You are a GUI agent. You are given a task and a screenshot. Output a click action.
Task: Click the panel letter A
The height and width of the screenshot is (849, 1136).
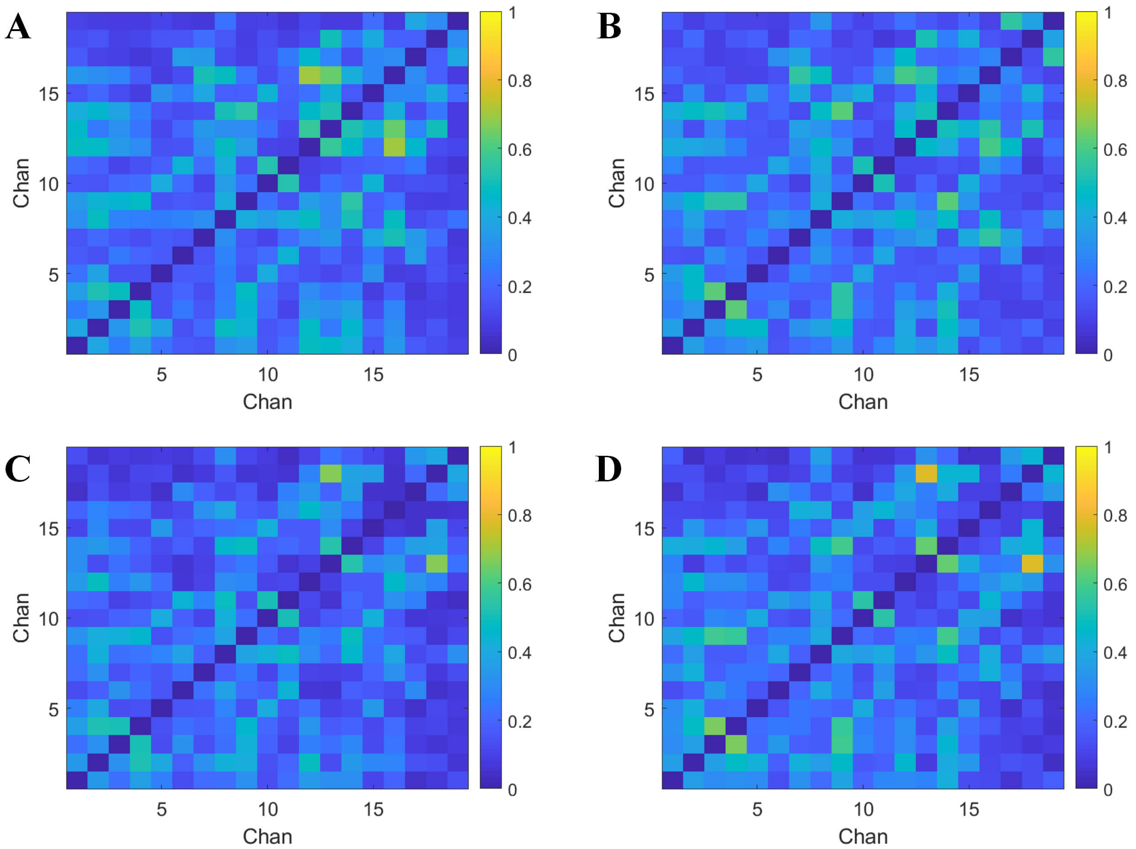(x=18, y=26)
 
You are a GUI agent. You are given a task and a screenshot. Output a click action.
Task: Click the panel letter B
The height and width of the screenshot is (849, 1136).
(x=609, y=26)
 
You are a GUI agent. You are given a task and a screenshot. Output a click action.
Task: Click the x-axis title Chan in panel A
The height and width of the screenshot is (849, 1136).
(x=268, y=401)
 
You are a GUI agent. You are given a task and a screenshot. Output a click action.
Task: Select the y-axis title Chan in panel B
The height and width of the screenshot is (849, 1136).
(x=616, y=183)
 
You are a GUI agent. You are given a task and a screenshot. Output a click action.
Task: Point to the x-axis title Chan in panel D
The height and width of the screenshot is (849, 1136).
(x=863, y=837)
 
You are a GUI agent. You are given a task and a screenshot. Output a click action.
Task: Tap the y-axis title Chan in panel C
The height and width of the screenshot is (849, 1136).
(x=21, y=618)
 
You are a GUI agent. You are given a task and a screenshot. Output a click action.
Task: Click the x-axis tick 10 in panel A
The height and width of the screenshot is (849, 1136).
(x=268, y=375)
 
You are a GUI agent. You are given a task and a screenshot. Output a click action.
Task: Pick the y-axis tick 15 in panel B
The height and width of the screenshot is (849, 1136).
(x=644, y=94)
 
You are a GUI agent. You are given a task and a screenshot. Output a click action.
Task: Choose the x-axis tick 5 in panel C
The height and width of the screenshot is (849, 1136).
(x=162, y=809)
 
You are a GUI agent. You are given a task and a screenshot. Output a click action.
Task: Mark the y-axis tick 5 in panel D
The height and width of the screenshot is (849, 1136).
(x=649, y=710)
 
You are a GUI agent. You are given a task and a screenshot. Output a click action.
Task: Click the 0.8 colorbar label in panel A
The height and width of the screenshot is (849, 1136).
(x=519, y=81)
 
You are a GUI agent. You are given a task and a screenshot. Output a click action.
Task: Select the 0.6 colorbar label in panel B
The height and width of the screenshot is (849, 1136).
(x=1115, y=150)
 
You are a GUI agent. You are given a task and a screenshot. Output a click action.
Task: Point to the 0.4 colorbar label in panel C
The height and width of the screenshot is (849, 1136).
(x=519, y=653)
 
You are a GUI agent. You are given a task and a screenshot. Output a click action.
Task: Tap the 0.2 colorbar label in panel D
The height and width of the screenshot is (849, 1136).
(x=1115, y=722)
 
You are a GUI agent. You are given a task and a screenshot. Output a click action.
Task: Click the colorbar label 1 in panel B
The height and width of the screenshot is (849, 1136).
(x=1108, y=13)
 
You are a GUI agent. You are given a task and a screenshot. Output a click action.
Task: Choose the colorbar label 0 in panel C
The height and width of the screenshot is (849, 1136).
(x=513, y=790)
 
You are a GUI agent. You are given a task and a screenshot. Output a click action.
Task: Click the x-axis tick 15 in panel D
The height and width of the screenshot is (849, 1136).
(x=969, y=809)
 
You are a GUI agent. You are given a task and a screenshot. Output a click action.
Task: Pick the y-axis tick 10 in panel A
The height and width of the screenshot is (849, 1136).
(x=48, y=185)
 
